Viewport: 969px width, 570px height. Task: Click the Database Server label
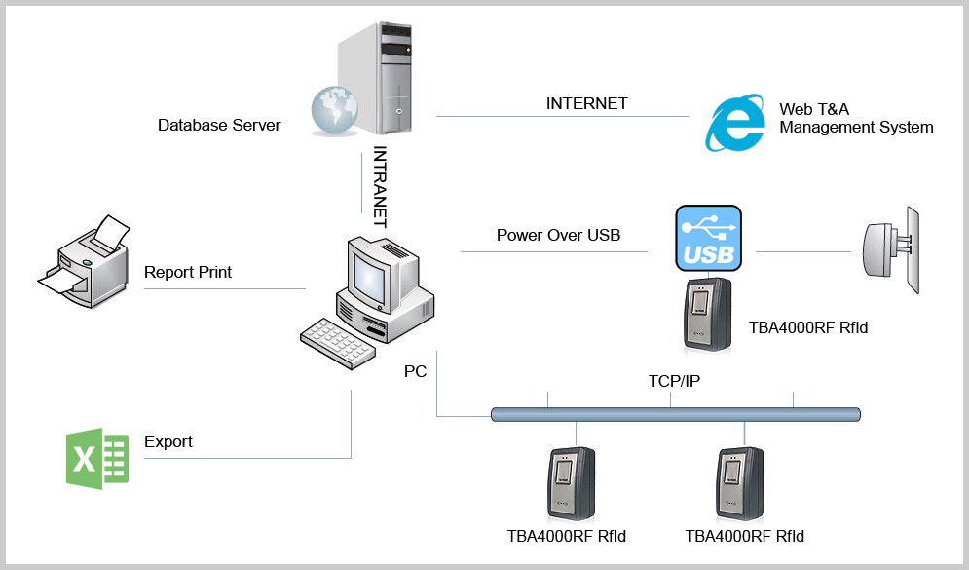click(219, 125)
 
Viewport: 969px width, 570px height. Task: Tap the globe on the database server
click(334, 110)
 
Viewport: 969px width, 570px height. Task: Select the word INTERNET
click(586, 103)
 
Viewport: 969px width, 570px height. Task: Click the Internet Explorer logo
click(734, 123)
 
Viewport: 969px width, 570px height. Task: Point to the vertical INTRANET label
click(380, 187)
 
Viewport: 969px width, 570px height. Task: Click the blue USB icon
click(708, 238)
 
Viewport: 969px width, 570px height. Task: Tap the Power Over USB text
click(558, 235)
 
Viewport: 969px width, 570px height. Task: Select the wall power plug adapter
click(891, 250)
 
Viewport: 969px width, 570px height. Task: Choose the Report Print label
click(187, 272)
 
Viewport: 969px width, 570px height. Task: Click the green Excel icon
click(97, 458)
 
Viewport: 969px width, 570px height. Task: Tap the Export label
click(168, 441)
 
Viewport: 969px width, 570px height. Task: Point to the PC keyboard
click(338, 343)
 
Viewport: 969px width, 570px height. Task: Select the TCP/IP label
click(674, 381)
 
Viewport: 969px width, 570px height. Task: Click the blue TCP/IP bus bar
click(676, 414)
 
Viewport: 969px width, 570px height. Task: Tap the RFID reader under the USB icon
click(708, 316)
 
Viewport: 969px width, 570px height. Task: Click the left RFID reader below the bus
click(572, 484)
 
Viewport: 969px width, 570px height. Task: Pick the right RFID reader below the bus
click(740, 484)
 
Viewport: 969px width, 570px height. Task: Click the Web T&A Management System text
click(856, 118)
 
